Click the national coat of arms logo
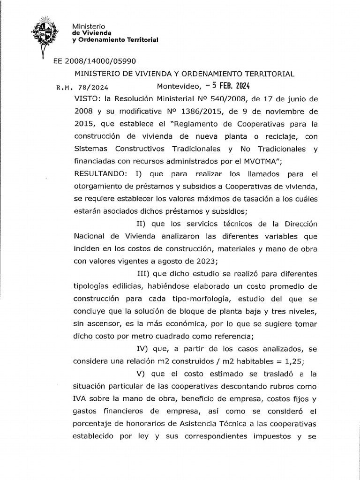45,32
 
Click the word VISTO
85,99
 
